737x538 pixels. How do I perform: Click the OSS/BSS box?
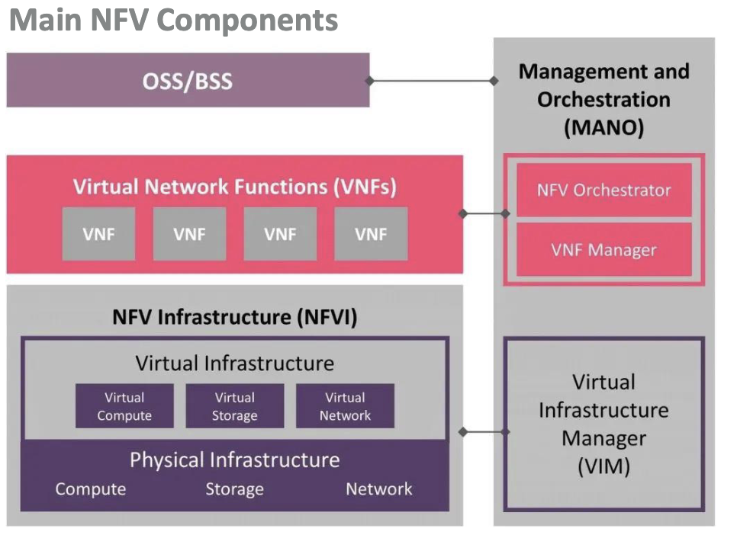[x=188, y=80]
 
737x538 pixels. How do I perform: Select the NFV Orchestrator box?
[x=603, y=190]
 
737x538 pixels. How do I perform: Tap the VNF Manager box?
[x=603, y=249]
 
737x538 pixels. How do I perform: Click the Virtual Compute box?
[x=124, y=406]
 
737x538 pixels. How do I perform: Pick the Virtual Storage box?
[x=235, y=406]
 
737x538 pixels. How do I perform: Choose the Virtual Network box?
[x=345, y=406]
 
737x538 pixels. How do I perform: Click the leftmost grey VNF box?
[x=98, y=234]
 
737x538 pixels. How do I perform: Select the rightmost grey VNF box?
[x=371, y=234]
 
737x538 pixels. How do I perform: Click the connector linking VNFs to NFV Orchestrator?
[x=484, y=214]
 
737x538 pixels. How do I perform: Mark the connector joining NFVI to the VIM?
[x=484, y=432]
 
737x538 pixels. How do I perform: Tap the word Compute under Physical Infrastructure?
[x=90, y=489]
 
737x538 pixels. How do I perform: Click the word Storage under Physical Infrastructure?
[x=234, y=489]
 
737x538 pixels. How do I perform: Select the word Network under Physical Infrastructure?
[x=379, y=489]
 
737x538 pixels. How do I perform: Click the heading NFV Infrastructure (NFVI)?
[x=234, y=317]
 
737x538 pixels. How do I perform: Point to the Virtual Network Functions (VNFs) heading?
[x=234, y=187]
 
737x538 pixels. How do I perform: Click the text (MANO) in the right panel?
[x=603, y=126]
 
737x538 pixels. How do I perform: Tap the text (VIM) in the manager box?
[x=603, y=466]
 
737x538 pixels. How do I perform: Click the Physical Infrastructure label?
[x=234, y=460]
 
